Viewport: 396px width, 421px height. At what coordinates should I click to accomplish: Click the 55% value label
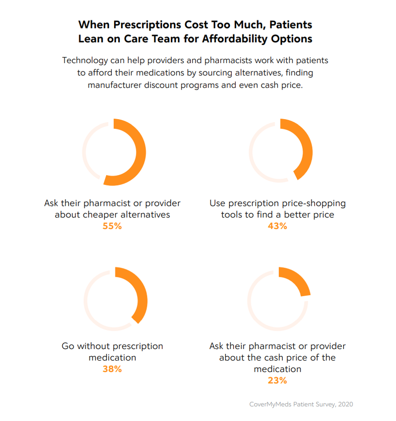[112, 226]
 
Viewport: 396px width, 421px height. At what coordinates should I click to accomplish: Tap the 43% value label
[277, 226]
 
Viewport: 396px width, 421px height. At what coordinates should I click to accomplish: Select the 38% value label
[112, 369]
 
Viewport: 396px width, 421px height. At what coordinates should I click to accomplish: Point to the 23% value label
[277, 381]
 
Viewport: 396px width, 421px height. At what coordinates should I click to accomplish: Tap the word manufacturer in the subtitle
[115, 85]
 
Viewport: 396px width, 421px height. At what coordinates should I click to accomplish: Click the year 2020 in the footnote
[345, 404]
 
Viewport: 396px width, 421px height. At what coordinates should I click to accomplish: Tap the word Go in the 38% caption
[68, 346]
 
